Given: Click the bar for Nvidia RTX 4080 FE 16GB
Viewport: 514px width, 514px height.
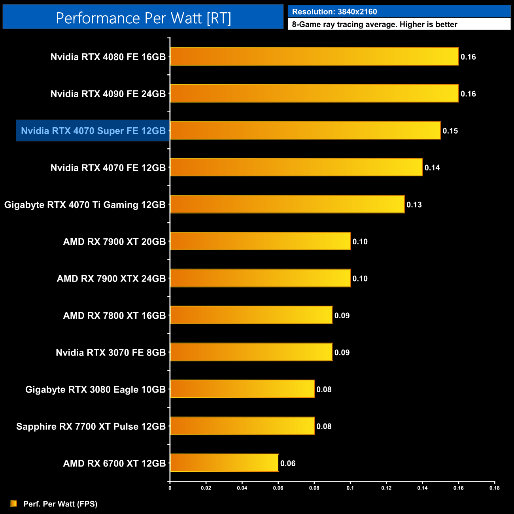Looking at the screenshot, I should pyautogui.click(x=314, y=57).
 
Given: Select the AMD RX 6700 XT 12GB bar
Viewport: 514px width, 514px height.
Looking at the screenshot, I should pyautogui.click(x=224, y=463).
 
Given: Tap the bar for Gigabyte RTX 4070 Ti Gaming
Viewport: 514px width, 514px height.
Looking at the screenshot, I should pyautogui.click(x=287, y=204).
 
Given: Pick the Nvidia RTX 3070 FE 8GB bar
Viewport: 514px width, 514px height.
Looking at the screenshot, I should pyautogui.click(x=251, y=352).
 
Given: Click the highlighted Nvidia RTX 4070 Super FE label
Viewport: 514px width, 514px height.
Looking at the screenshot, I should pyautogui.click(x=93, y=131).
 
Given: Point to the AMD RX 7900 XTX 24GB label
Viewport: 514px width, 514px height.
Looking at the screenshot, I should pyautogui.click(x=111, y=279).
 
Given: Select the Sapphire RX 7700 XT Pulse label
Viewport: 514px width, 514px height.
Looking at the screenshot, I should pyautogui.click(x=91, y=427).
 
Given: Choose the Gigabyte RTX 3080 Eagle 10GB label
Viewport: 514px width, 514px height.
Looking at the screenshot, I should pyautogui.click(x=95, y=389).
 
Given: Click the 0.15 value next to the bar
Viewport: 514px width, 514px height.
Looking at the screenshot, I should pyautogui.click(x=450, y=131).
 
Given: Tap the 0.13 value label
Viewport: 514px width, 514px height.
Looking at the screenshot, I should pyautogui.click(x=414, y=205).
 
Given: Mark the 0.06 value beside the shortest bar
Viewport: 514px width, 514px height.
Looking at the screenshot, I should pyautogui.click(x=288, y=463).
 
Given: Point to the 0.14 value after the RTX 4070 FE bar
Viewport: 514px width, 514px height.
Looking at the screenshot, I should pyautogui.click(x=432, y=168).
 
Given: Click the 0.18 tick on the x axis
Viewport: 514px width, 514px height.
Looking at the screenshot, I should pyautogui.click(x=495, y=488).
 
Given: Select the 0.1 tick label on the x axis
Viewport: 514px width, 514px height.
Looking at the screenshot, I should pyautogui.click(x=350, y=488).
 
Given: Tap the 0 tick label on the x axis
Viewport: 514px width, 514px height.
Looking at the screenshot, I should pyautogui.click(x=170, y=488).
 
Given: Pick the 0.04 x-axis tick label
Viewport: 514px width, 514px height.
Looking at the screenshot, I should pyautogui.click(x=242, y=488).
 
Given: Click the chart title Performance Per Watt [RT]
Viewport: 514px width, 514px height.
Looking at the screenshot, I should pyautogui.click(x=143, y=18).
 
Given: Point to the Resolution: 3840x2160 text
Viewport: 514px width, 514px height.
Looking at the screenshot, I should pyautogui.click(x=334, y=12).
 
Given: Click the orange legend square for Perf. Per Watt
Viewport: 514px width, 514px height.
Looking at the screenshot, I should pyautogui.click(x=14, y=503).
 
